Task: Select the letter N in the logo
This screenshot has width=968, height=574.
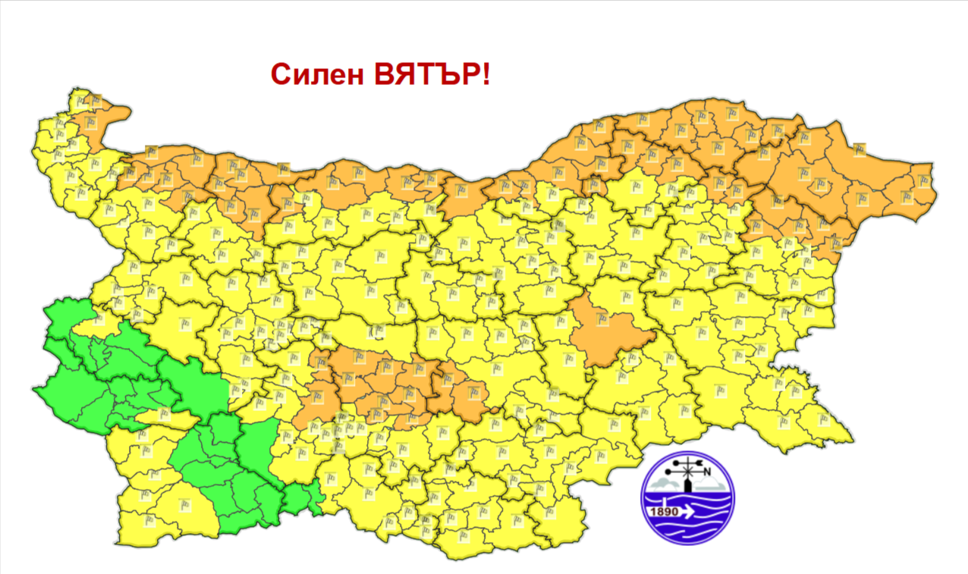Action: [x=707, y=473]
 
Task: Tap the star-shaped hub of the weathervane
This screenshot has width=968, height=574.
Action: [x=687, y=472]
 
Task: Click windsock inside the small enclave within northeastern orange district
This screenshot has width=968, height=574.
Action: [x=836, y=244]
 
